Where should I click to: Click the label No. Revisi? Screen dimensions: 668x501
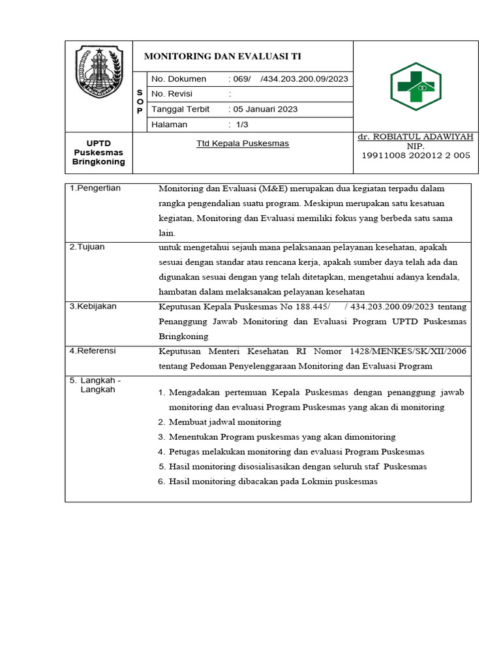(x=172, y=94)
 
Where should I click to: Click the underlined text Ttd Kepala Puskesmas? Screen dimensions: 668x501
(x=243, y=144)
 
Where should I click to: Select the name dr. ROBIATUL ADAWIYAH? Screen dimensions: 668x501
(x=416, y=137)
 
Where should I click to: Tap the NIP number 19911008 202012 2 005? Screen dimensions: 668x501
(x=416, y=155)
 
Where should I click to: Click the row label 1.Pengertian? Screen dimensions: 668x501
(x=95, y=189)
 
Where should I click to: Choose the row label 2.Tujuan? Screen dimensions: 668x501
(x=87, y=247)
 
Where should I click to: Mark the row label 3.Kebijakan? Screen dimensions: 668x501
(x=93, y=306)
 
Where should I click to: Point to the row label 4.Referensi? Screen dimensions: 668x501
(x=93, y=351)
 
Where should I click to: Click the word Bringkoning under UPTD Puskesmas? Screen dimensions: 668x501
(x=99, y=162)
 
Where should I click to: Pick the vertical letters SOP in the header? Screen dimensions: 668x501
(x=140, y=102)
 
